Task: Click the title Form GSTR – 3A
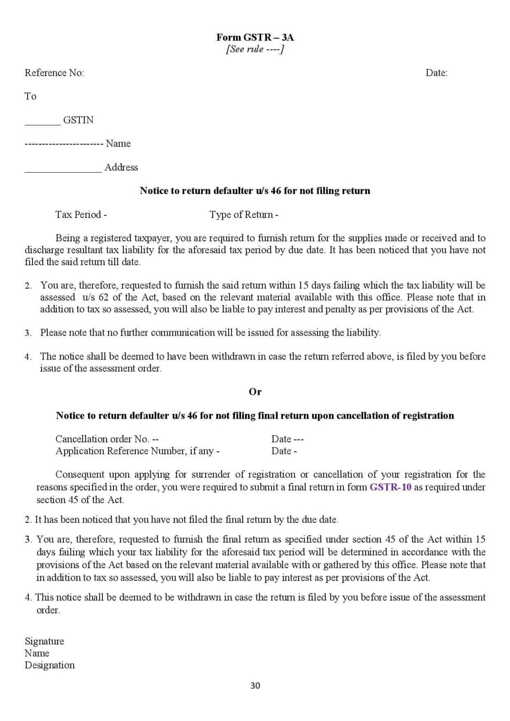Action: tap(255, 37)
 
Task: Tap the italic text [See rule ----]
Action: tap(255, 49)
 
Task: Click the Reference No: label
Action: tap(54, 73)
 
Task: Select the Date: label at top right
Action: tap(436, 73)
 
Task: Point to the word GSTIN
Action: tap(78, 120)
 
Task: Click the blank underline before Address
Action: tap(63, 171)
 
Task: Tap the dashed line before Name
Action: tap(63, 144)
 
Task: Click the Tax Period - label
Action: tap(81, 215)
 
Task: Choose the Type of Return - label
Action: tap(244, 215)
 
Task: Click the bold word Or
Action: tap(255, 391)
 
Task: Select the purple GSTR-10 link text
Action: tap(390, 487)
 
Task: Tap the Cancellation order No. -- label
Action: tap(107, 439)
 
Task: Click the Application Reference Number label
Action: tap(137, 451)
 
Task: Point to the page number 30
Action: tap(255, 685)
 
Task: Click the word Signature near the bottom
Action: tap(44, 641)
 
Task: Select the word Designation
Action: tap(49, 665)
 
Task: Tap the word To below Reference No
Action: tap(31, 96)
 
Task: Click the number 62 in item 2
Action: tap(104, 297)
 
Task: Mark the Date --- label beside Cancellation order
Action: tap(287, 439)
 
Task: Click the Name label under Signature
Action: tap(37, 653)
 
